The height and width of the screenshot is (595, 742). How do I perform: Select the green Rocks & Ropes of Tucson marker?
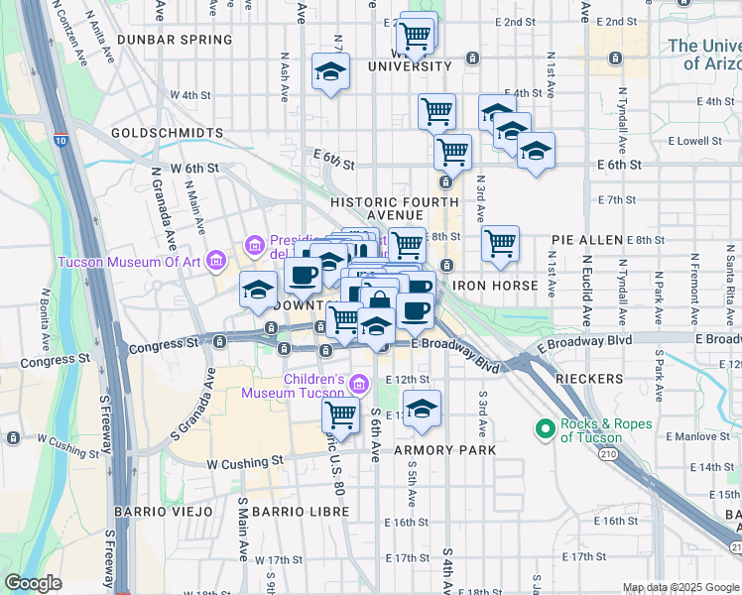(544, 429)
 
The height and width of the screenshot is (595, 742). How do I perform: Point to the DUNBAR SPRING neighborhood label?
(174, 41)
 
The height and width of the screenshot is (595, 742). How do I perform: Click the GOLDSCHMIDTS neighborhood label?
(166, 132)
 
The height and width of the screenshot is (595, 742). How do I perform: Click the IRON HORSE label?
(495, 286)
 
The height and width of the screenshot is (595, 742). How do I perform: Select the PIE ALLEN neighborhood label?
(587, 240)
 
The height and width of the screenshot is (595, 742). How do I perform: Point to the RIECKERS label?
(589, 379)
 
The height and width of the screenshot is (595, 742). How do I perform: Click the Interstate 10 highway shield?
(62, 142)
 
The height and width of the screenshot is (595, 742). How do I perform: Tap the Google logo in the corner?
(33, 583)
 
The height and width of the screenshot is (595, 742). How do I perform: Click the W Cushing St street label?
(244, 462)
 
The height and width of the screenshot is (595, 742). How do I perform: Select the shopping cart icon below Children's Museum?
(340, 415)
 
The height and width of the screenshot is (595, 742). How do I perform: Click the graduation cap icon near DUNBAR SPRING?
(330, 71)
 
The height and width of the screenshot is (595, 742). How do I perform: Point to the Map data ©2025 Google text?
(680, 587)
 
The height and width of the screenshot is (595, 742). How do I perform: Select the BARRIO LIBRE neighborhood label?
(300, 511)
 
